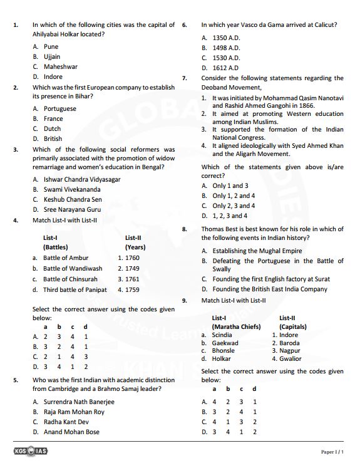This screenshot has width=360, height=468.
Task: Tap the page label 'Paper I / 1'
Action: [x=332, y=452]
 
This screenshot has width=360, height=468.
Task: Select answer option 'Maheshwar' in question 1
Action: [x=61, y=66]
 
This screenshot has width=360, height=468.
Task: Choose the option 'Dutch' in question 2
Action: [x=53, y=128]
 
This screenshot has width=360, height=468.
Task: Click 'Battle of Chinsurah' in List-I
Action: [x=70, y=279]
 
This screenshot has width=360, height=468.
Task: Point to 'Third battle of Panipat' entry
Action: [x=75, y=289]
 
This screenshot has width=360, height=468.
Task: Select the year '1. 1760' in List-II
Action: [x=128, y=257]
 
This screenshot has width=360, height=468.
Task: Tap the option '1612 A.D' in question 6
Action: [x=225, y=68]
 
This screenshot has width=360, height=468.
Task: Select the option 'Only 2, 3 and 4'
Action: [x=234, y=205]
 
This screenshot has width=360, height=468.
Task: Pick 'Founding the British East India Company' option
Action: [x=269, y=289]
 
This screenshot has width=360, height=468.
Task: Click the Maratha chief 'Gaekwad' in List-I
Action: [x=225, y=343]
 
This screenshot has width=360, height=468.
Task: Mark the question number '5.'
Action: [x=15, y=380]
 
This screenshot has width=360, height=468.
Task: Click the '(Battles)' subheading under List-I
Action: [x=56, y=247]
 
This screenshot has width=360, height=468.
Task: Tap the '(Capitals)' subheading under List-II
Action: [x=292, y=326]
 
